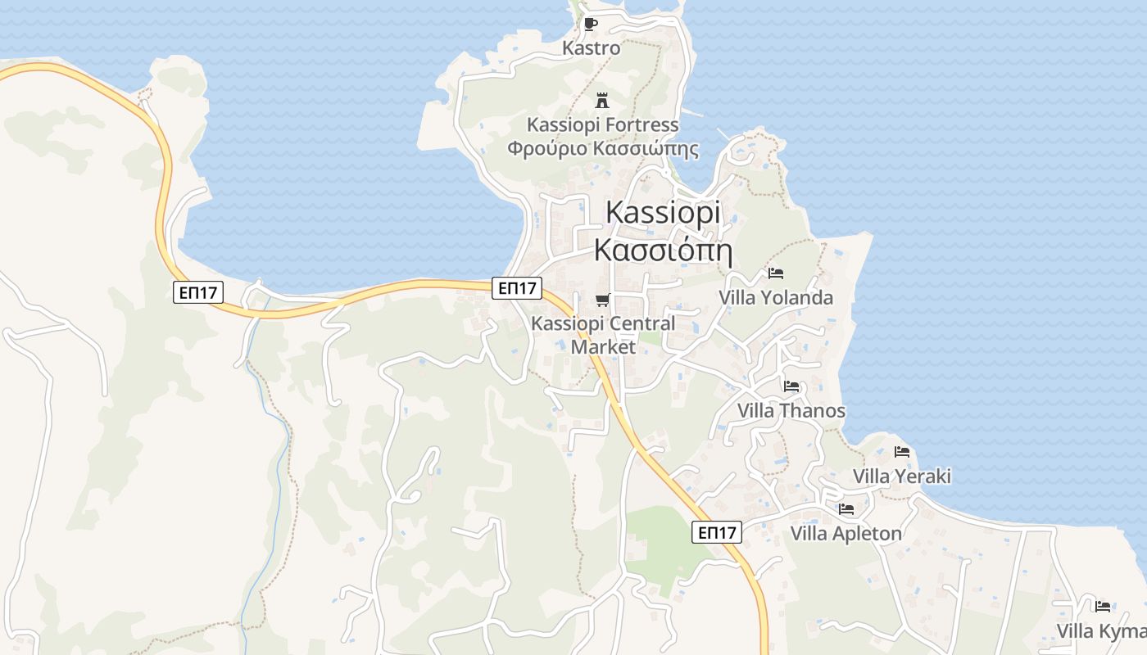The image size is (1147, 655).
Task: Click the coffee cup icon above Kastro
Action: pyautogui.click(x=590, y=25)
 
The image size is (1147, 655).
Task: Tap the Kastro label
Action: pyautogui.click(x=591, y=48)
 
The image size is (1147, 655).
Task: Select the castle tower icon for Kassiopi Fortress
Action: pyautogui.click(x=602, y=101)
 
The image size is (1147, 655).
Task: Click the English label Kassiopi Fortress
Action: pyautogui.click(x=602, y=125)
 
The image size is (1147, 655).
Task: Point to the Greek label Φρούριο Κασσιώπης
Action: pyautogui.click(x=602, y=149)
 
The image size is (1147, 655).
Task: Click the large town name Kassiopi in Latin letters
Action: pyautogui.click(x=663, y=212)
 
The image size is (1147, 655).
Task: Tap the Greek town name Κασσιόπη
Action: pyautogui.click(x=663, y=249)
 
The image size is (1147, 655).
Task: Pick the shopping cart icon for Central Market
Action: pyautogui.click(x=602, y=300)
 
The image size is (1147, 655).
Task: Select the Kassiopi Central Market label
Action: pyautogui.click(x=603, y=335)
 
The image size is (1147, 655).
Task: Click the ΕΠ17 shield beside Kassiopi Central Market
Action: pyautogui.click(x=517, y=287)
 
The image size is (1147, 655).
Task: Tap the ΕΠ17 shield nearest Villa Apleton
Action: pyautogui.click(x=716, y=532)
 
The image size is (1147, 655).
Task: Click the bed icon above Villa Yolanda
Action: pyautogui.click(x=776, y=273)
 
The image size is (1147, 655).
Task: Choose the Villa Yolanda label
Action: pyautogui.click(x=776, y=297)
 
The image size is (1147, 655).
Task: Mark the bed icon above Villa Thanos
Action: pyautogui.click(x=791, y=386)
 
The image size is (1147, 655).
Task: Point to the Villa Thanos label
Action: pyautogui.click(x=791, y=410)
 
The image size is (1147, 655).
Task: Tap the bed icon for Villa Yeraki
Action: pyautogui.click(x=902, y=452)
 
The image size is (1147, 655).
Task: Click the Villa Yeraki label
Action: pyautogui.click(x=902, y=476)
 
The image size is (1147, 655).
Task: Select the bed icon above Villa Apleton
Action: pyautogui.click(x=846, y=509)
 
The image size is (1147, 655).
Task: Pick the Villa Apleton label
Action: pyautogui.click(x=846, y=534)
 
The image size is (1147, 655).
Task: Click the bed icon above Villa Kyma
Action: pyautogui.click(x=1103, y=607)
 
